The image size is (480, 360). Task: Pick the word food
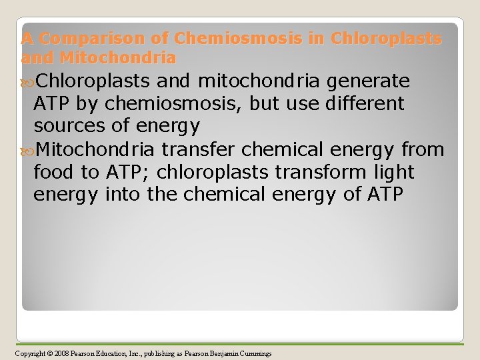pos(55,172)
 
